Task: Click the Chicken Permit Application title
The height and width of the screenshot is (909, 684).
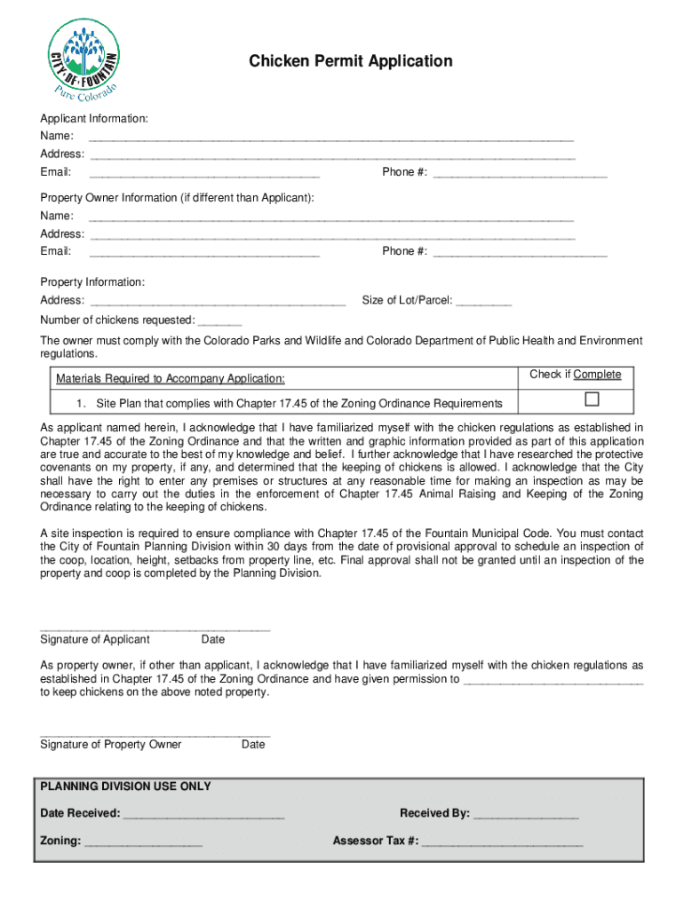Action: pos(350,61)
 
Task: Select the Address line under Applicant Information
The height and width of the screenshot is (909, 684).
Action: pos(332,155)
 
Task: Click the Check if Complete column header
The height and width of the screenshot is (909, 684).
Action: pos(575,375)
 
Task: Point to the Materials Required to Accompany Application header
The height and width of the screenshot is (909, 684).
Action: pos(171,379)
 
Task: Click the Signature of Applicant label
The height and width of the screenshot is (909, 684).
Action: pos(95,639)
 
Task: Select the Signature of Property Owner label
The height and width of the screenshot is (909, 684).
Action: pos(111,744)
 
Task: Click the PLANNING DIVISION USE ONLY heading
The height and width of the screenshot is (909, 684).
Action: pos(126,786)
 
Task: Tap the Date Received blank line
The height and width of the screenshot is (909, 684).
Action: pos(203,814)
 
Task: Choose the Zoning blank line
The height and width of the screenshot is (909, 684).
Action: pos(143,842)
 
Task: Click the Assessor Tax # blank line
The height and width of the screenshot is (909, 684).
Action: pos(502,842)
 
